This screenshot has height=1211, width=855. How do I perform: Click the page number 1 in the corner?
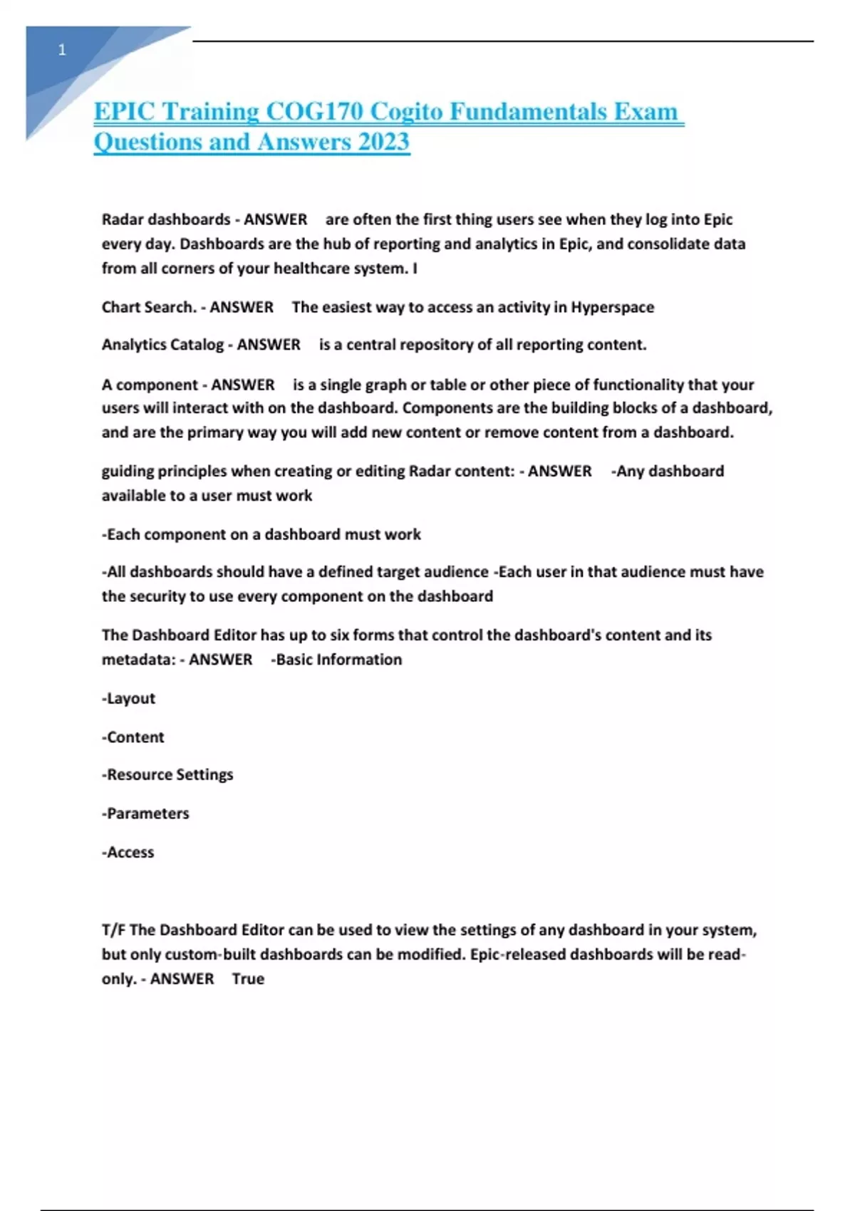click(x=62, y=50)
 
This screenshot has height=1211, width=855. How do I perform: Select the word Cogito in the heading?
click(x=407, y=112)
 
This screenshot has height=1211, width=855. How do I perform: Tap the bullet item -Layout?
click(x=128, y=698)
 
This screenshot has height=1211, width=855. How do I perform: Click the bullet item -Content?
click(x=133, y=737)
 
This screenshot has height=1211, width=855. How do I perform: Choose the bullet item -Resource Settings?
click(x=167, y=774)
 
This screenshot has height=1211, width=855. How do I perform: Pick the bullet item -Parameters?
click(x=145, y=813)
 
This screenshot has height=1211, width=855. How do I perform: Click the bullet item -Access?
click(x=128, y=852)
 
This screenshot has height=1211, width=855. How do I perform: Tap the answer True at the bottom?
click(x=248, y=979)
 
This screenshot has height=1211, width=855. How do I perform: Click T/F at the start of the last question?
click(x=113, y=930)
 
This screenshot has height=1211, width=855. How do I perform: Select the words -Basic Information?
click(x=336, y=660)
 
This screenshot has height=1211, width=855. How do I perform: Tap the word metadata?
click(x=138, y=660)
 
